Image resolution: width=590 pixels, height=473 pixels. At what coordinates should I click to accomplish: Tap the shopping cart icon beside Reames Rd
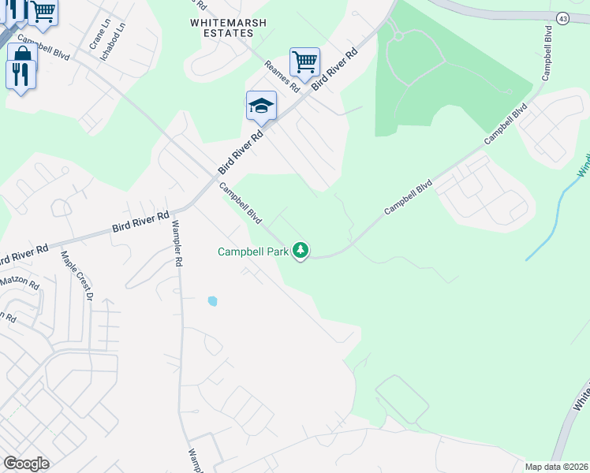click(x=304, y=61)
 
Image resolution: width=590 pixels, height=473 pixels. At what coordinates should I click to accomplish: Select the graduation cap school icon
click(x=261, y=106)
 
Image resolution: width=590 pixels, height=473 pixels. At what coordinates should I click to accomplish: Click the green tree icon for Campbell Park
click(x=300, y=251)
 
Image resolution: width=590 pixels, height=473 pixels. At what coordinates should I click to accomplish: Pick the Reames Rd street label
click(x=282, y=73)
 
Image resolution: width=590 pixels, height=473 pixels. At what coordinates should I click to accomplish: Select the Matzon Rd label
click(x=19, y=280)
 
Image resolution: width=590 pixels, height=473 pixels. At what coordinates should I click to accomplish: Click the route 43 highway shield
click(x=562, y=17)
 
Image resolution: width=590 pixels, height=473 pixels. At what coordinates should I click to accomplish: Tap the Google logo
click(x=26, y=464)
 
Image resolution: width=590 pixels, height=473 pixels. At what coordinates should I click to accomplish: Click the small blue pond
click(x=212, y=301)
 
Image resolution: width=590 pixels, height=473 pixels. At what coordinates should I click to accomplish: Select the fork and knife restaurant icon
click(x=20, y=74)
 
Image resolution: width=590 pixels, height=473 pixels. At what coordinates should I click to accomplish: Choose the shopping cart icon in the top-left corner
click(x=43, y=11)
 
